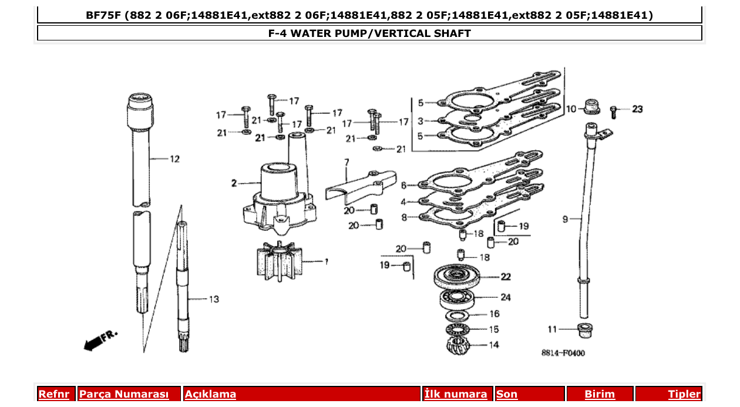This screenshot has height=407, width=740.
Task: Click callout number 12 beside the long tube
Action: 174,159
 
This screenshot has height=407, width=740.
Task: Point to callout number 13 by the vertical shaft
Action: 213,299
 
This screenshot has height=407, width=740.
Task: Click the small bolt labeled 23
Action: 613,110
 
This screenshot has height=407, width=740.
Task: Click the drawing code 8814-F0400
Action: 563,353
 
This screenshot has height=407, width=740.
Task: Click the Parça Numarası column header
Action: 124,394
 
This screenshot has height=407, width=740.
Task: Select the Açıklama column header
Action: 210,394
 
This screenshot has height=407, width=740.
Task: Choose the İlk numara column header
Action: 456,394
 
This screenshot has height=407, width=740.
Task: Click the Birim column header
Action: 600,394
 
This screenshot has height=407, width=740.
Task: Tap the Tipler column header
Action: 684,394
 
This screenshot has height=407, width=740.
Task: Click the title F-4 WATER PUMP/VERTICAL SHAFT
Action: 369,33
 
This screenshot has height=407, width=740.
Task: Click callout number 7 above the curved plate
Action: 347,161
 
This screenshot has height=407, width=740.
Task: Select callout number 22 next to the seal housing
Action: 506,277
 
